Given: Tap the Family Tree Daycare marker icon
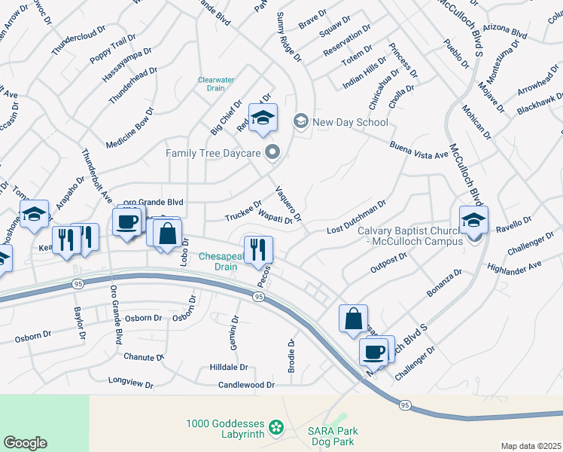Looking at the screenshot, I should click(x=272, y=153).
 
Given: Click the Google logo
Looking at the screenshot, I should click(x=25, y=442).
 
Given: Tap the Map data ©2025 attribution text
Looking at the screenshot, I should click(x=531, y=446).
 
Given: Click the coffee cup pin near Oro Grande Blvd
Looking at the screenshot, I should click(x=127, y=221).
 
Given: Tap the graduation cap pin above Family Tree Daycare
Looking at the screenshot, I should click(x=263, y=118).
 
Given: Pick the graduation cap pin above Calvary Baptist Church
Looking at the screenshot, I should click(x=473, y=219).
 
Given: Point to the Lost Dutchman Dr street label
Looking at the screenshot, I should click(x=356, y=218).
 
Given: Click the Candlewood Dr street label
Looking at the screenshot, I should click(x=246, y=385).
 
